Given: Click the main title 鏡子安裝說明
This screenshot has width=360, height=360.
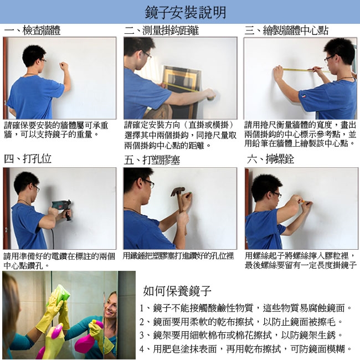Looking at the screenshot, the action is (x=186, y=12).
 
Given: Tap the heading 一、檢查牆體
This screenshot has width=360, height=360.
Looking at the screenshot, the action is (x=32, y=30).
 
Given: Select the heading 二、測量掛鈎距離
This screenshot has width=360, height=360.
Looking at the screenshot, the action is (x=162, y=30).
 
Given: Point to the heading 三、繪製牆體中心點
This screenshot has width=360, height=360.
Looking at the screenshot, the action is (x=286, y=30).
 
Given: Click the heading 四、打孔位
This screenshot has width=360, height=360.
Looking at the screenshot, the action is (x=28, y=159).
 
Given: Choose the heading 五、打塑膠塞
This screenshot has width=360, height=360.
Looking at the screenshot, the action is (x=152, y=160).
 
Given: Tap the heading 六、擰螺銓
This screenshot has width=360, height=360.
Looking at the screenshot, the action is (x=270, y=159).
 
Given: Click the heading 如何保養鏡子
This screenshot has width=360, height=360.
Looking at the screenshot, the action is (x=177, y=291).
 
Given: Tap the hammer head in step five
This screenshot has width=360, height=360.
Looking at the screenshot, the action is (x=177, y=191).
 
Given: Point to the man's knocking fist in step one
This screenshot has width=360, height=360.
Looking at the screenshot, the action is (x=63, y=66).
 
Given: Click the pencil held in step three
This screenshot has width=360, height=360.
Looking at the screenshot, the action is (x=315, y=69).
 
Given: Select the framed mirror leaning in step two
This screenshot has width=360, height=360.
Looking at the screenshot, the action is (x=181, y=92).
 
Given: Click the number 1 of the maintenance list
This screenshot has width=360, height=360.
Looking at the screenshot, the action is (x=142, y=308).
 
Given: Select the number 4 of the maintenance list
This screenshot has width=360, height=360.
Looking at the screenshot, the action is (x=142, y=349).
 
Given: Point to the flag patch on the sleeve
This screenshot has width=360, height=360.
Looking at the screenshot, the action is (x=304, y=96).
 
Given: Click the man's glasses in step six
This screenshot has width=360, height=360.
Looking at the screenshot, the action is (x=277, y=195).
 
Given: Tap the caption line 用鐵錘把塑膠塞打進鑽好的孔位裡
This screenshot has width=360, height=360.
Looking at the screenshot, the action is (x=178, y=256).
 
